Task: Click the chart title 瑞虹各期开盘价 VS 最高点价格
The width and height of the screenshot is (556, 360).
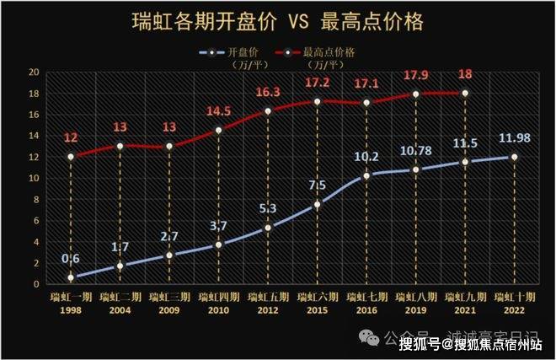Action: click(278, 21)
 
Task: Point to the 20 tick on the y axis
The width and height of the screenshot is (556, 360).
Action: click(35, 73)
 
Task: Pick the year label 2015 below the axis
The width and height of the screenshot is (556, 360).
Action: click(317, 309)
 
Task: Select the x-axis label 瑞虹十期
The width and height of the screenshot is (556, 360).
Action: click(514, 297)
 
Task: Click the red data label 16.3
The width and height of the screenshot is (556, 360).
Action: click(267, 93)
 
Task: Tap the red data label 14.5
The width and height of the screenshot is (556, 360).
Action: click(218, 111)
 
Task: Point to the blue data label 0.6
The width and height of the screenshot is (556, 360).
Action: click(71, 259)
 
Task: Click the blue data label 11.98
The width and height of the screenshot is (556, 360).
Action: click(514, 137)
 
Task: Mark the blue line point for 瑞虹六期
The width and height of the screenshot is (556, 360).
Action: click(317, 205)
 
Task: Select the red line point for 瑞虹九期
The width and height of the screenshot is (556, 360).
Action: click(464, 93)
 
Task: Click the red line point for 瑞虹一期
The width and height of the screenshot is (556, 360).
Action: click(71, 157)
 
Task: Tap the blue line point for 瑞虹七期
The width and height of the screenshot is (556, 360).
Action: click(366, 175)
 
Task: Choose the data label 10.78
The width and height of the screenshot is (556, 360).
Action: click(415, 151)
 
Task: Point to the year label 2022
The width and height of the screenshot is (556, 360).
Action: click(514, 309)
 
